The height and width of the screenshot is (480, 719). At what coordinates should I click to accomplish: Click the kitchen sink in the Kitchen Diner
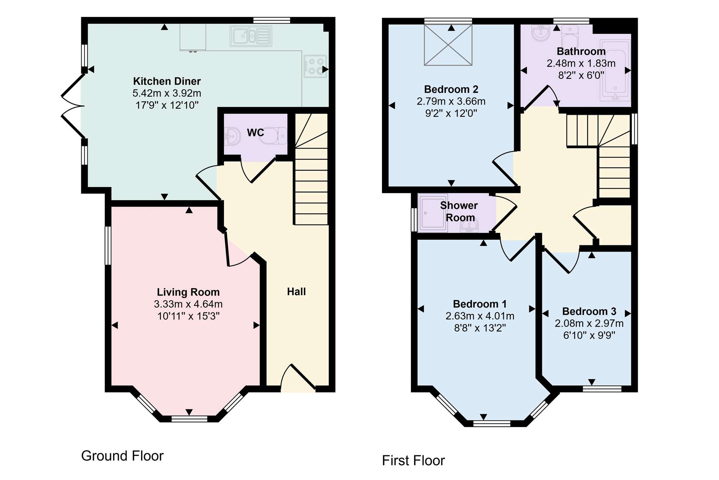(x=251, y=36)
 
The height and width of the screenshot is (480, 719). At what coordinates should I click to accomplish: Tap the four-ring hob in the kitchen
(x=315, y=66)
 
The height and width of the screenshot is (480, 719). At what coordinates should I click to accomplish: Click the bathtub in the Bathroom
(x=615, y=70)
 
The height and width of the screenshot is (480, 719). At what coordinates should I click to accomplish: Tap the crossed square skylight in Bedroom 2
(x=448, y=45)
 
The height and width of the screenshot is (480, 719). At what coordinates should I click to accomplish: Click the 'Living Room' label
(x=188, y=292)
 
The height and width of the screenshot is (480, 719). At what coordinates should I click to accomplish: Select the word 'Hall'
(x=296, y=292)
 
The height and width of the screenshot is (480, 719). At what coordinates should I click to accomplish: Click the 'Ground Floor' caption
(x=122, y=456)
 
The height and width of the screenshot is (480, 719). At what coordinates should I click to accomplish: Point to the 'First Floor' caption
(x=413, y=460)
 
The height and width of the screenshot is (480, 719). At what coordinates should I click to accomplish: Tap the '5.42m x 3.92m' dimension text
(x=167, y=93)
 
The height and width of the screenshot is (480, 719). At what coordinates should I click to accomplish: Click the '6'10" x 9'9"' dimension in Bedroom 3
(x=589, y=335)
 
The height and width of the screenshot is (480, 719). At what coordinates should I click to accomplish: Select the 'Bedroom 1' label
(x=480, y=304)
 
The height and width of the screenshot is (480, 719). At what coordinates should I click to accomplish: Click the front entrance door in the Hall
(x=298, y=377)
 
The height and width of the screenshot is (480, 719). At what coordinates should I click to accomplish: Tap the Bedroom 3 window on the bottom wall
(x=602, y=389)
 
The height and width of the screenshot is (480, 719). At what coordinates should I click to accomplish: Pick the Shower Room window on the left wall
(x=414, y=220)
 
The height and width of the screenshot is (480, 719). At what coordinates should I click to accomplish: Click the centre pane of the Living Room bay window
(x=189, y=419)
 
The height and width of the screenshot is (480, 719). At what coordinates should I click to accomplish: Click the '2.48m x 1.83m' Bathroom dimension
(x=581, y=63)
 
